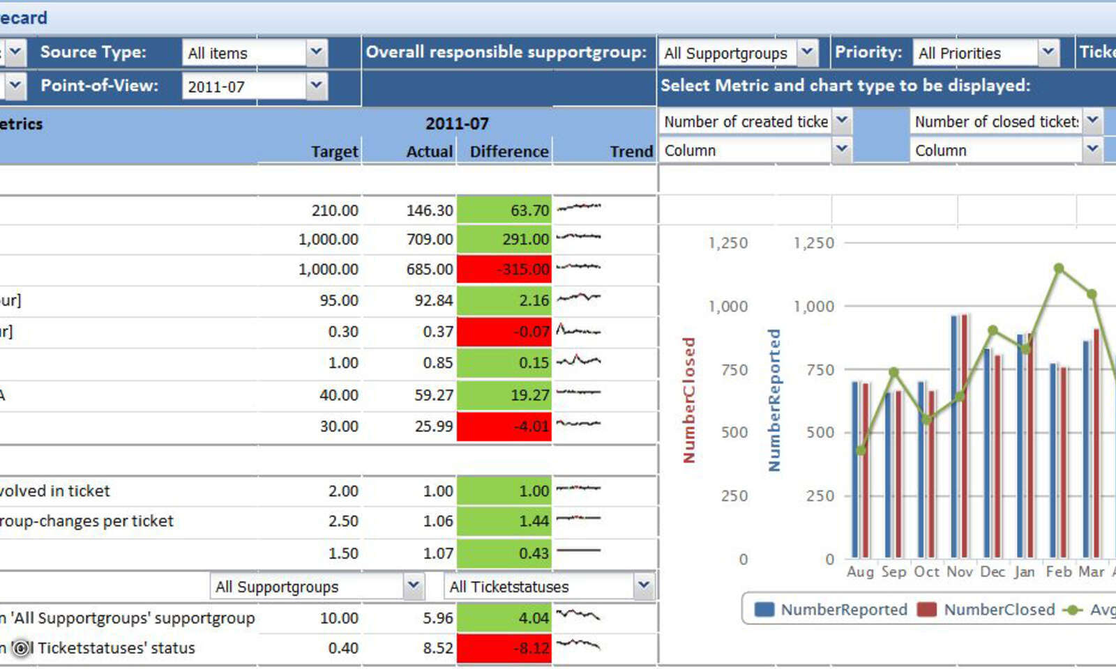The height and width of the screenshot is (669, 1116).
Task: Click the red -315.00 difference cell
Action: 504,270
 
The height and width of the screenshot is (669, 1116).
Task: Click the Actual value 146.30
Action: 430,210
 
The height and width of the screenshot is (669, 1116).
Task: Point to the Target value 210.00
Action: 335,210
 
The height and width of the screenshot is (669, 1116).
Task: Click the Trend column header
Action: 631,152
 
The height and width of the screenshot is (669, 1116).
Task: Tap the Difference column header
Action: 508,152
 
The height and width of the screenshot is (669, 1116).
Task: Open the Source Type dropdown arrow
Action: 316,52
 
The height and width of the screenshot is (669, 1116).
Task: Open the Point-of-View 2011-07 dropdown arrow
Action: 316,86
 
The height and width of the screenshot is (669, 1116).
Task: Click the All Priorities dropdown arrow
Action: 1047,52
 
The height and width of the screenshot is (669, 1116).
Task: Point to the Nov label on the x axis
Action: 959,572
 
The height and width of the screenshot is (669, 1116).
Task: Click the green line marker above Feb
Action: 1059,268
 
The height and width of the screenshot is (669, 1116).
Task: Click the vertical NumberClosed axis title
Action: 689,400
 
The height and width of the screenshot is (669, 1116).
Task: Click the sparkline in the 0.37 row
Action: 578,331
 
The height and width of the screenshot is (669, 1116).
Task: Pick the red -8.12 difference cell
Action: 504,648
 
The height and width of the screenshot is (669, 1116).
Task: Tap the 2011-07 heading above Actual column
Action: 457,124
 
